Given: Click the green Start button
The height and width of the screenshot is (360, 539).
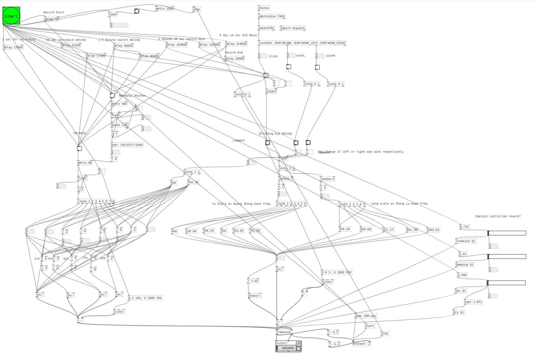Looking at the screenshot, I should (11, 16).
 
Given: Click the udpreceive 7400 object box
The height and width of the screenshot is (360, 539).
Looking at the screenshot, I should (271, 16).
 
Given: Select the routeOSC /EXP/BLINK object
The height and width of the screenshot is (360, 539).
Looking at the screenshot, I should (302, 43).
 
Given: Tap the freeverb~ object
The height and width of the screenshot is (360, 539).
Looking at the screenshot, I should (284, 332).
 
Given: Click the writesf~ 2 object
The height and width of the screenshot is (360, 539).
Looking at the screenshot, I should (361, 344).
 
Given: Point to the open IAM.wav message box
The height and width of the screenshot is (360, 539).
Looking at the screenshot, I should (365, 316).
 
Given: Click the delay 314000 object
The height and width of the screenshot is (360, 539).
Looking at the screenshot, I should (236, 44).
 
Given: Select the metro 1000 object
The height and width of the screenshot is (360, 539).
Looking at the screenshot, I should (165, 8).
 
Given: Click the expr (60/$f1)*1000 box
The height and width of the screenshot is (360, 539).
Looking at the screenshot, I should (127, 145).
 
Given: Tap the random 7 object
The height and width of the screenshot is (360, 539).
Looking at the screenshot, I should (285, 179).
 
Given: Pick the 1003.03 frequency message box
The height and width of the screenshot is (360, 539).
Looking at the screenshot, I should (433, 230).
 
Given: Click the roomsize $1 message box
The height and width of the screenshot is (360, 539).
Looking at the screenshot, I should (465, 241).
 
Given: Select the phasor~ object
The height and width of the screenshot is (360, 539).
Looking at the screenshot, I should (254, 295).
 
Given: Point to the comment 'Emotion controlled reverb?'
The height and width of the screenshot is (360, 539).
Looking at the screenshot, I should (498, 216).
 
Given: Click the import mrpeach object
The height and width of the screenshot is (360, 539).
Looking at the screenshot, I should (292, 28).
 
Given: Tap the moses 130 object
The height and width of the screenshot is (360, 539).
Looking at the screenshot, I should (119, 125).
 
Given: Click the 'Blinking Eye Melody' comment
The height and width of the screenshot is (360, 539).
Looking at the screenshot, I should (275, 134).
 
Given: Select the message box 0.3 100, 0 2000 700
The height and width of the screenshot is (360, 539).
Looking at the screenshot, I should (145, 298).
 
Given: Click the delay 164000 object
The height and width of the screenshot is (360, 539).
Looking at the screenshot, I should (176, 45).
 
